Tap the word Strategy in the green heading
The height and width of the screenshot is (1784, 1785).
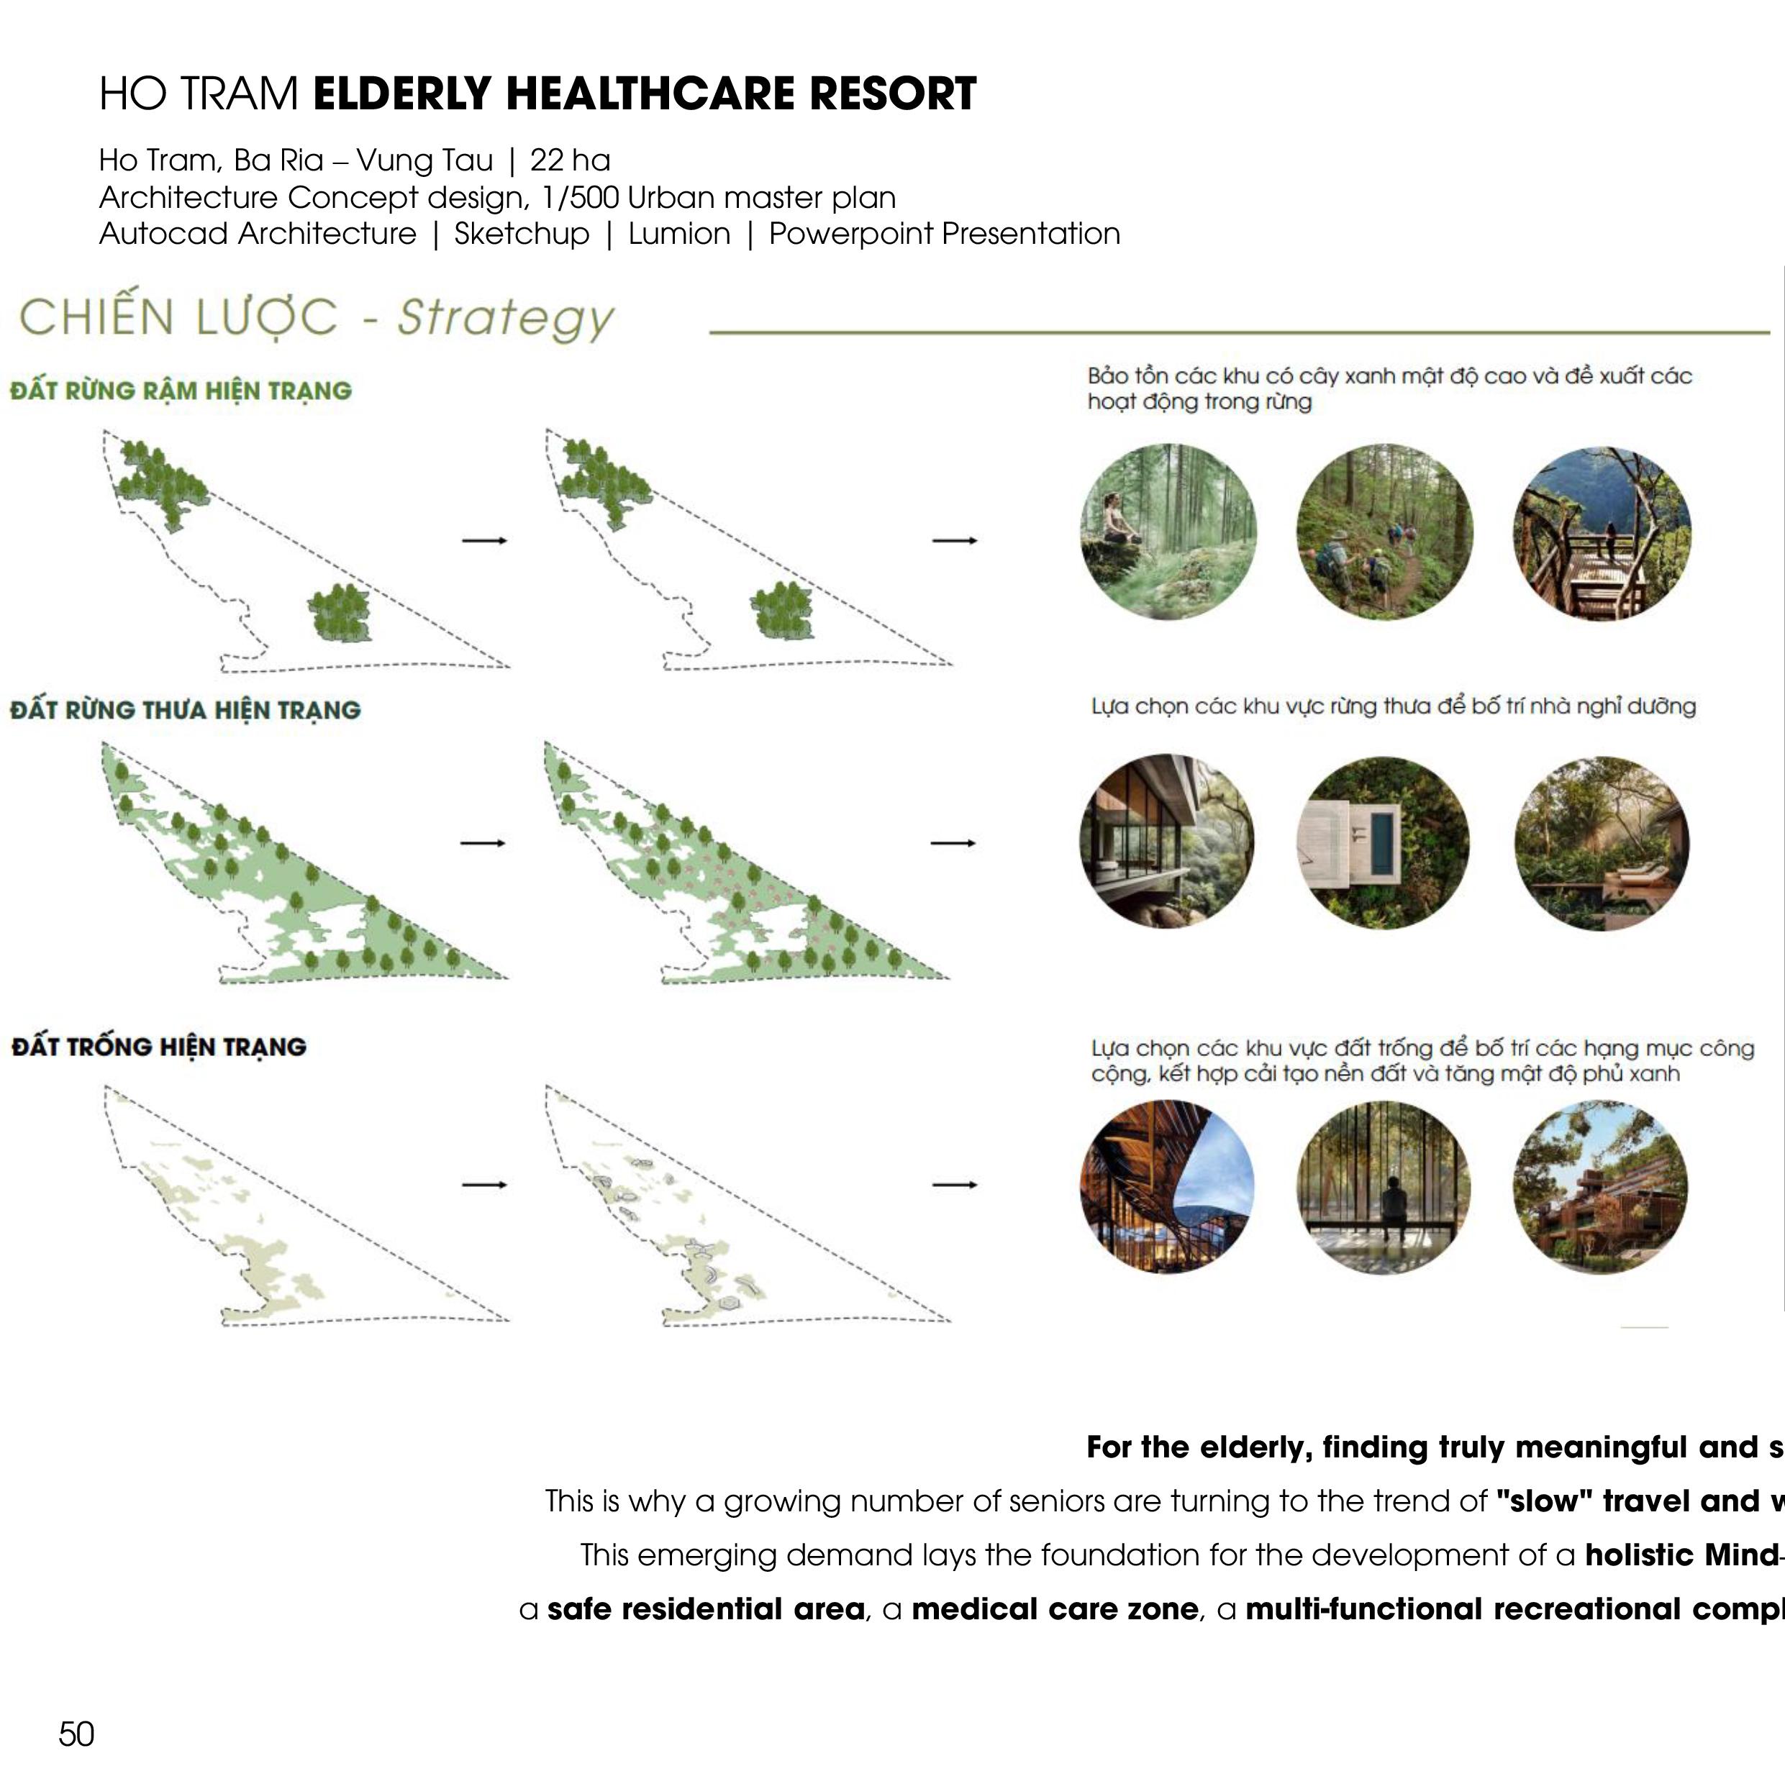click(505, 318)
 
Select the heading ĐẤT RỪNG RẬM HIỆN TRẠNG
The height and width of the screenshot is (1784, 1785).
click(181, 391)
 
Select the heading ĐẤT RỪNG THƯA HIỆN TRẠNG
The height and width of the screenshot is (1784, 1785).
click(186, 711)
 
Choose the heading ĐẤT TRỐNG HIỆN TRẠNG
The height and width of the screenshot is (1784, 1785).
click(159, 1047)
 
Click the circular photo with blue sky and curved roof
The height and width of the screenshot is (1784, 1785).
click(1168, 1186)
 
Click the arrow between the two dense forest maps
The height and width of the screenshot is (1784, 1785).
click(484, 540)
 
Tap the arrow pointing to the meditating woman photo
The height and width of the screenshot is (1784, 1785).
click(955, 540)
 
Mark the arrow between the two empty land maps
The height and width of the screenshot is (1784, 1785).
click(484, 1184)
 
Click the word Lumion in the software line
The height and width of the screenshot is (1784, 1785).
click(679, 234)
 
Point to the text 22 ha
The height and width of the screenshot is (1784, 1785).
click(570, 160)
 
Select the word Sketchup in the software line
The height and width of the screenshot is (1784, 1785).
click(521, 234)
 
